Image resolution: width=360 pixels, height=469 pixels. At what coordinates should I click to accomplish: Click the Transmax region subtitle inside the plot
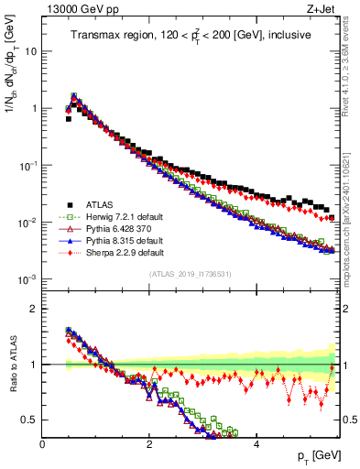point(190,35)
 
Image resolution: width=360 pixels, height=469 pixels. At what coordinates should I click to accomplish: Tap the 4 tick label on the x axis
point(256,444)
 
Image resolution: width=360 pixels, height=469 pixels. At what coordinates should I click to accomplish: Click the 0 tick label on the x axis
point(43,444)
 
